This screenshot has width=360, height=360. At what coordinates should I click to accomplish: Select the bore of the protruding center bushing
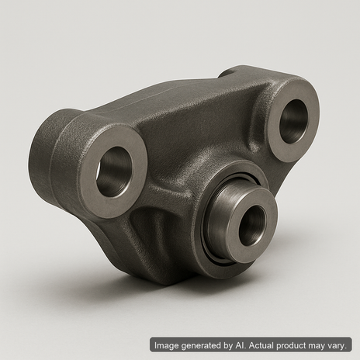pyautogui.click(x=251, y=226)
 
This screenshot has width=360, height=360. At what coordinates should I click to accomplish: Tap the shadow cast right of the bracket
pyautogui.click(x=303, y=256)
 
